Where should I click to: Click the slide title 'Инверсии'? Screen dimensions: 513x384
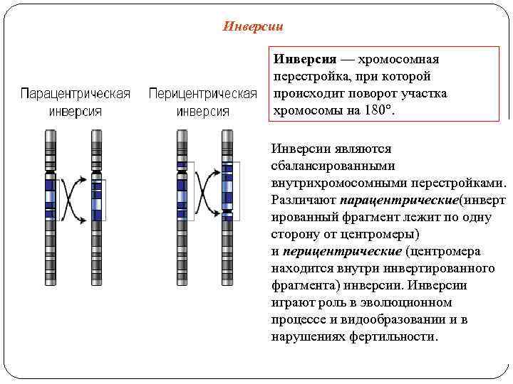coord(253,27)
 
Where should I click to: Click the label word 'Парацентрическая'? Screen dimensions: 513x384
coord(75,95)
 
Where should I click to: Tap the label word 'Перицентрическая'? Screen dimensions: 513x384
coord(202,95)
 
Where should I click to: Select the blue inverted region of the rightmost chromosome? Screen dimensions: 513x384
coord(227,188)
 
